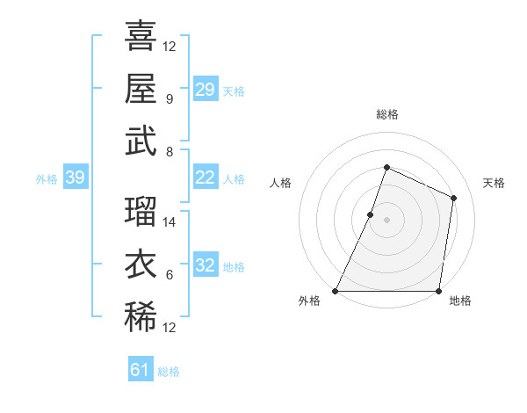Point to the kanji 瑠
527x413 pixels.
(x=141, y=212)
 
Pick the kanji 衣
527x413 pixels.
(x=141, y=264)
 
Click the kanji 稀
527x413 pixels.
(x=141, y=317)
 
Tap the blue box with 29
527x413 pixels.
(x=206, y=90)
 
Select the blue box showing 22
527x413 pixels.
(x=206, y=178)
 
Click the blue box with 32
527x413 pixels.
(x=206, y=265)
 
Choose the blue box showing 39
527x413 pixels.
(x=75, y=178)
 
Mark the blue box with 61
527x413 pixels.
(x=141, y=371)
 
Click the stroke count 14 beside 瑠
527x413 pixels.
(x=170, y=222)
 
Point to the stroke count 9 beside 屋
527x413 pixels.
(x=170, y=98)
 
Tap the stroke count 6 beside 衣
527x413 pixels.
(x=170, y=275)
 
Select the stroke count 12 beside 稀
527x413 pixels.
(x=170, y=328)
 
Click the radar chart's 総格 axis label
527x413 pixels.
(x=386, y=115)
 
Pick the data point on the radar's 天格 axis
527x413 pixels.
(x=454, y=198)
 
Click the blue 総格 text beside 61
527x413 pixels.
(x=169, y=372)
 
